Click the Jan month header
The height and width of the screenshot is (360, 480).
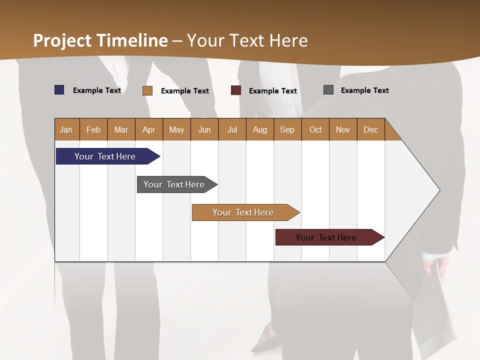click(x=66, y=130)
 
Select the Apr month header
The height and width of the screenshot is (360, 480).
click(x=149, y=130)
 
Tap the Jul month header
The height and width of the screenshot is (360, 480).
click(x=232, y=130)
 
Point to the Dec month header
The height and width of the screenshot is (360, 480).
click(x=371, y=130)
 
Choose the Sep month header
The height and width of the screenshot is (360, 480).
click(x=287, y=130)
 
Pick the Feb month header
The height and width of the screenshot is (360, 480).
click(x=93, y=130)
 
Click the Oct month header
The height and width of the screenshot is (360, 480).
click(x=315, y=130)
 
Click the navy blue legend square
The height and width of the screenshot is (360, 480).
click(x=59, y=90)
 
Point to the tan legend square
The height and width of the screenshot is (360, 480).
click(x=147, y=90)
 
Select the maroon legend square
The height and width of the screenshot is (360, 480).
click(x=236, y=90)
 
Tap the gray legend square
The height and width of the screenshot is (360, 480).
click(x=328, y=90)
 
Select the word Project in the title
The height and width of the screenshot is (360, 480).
click(x=62, y=40)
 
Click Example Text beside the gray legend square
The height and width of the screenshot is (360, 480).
click(x=364, y=90)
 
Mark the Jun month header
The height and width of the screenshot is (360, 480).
click(x=204, y=130)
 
